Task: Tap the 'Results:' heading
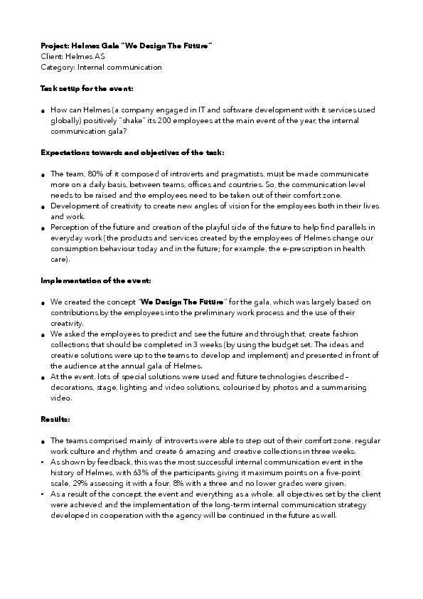[55, 420]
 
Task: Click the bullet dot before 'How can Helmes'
[43, 112]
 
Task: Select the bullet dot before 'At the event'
[43, 378]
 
